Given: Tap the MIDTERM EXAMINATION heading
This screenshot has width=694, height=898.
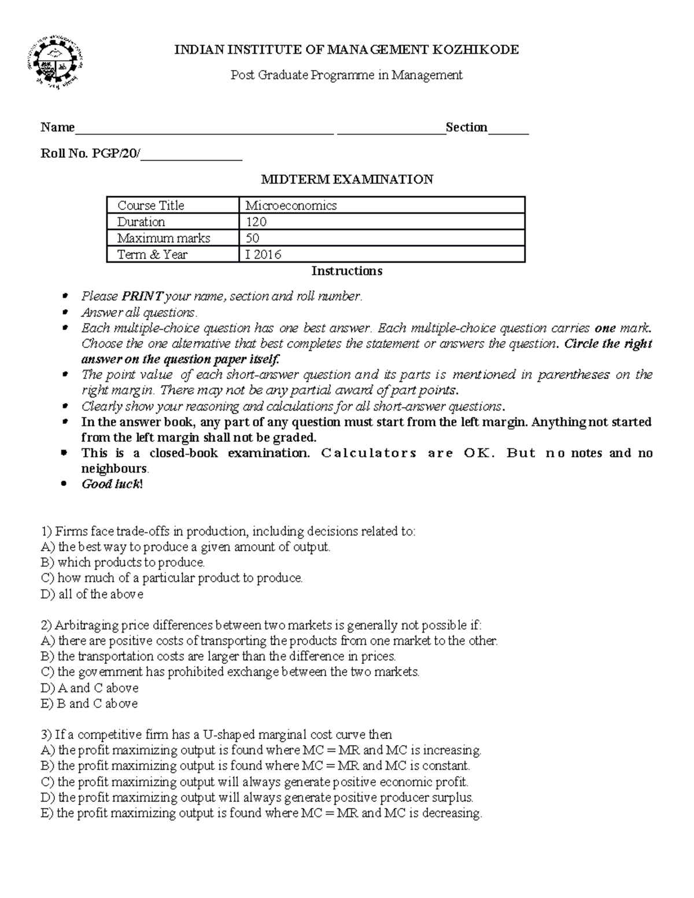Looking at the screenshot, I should [347, 179].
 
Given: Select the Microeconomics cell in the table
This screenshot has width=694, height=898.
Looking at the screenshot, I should [291, 205].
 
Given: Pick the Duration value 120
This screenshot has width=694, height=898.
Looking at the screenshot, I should [256, 222].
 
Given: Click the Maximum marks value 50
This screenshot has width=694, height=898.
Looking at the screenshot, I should [252, 238].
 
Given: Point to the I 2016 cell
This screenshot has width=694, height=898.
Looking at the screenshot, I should [263, 254].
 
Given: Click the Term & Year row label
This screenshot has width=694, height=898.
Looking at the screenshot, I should [152, 254].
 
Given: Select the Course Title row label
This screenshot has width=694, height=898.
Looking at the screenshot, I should [150, 205].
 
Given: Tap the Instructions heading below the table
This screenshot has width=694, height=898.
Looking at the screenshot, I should [347, 271].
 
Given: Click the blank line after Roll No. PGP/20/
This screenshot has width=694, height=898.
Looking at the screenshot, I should [191, 155].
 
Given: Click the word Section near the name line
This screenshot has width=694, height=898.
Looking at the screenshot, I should [466, 127].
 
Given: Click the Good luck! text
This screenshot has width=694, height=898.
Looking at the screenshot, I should [112, 484].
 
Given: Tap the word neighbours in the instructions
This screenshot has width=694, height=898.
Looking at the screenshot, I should [114, 468].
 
